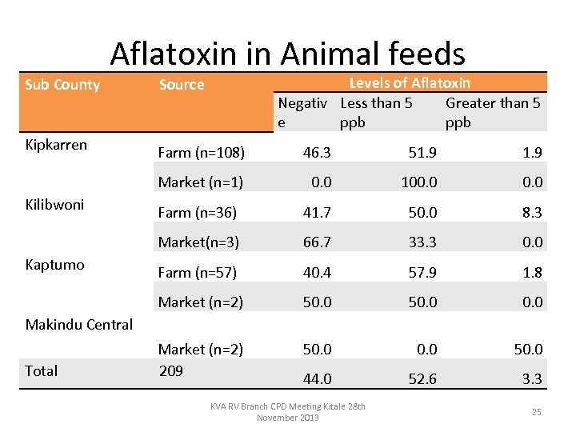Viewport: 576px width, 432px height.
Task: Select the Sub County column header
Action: click(62, 85)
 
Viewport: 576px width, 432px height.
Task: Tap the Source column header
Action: click(182, 85)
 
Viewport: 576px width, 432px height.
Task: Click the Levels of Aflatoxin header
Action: click(410, 82)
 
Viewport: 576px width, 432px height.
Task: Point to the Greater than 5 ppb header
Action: click(492, 112)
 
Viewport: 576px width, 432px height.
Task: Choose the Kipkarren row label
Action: click(56, 145)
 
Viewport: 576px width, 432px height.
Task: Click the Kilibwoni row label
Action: click(54, 205)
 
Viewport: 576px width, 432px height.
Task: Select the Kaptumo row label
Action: click(54, 265)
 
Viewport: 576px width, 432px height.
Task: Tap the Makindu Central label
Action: click(79, 324)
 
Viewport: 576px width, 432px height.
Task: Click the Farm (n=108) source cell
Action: click(201, 152)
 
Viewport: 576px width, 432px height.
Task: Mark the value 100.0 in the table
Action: click(419, 182)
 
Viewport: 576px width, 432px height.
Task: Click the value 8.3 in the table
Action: click(532, 212)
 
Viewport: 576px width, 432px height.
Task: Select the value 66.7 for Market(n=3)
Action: click(317, 242)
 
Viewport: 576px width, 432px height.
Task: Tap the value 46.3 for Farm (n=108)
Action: click(317, 152)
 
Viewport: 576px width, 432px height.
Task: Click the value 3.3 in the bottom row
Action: click(532, 379)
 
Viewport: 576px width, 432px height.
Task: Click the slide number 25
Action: click(536, 412)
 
